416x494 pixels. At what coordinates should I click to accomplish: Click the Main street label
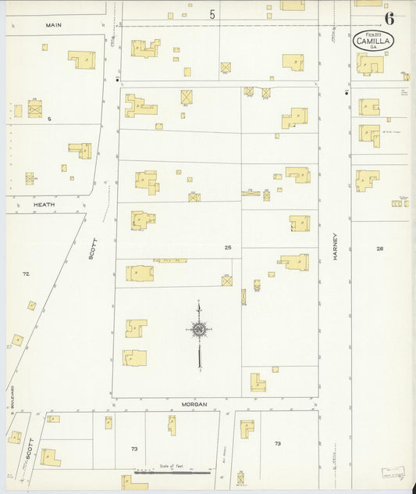[x=53, y=25]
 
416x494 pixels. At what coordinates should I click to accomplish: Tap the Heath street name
[x=44, y=204]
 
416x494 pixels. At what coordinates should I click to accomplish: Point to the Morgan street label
[x=194, y=404]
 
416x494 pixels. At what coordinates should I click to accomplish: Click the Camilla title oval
[x=373, y=40]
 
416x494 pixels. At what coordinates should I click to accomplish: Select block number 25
[x=227, y=248]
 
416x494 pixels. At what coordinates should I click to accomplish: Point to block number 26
[x=379, y=249]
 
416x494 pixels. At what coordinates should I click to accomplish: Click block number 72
[x=26, y=274]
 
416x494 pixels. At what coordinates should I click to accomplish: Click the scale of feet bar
[x=172, y=473]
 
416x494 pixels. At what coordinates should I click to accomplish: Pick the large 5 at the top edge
[x=212, y=13]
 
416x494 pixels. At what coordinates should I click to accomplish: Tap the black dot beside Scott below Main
[x=117, y=80]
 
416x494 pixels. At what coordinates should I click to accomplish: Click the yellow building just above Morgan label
[x=257, y=382]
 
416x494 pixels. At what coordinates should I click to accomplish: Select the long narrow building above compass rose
[x=169, y=260]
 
